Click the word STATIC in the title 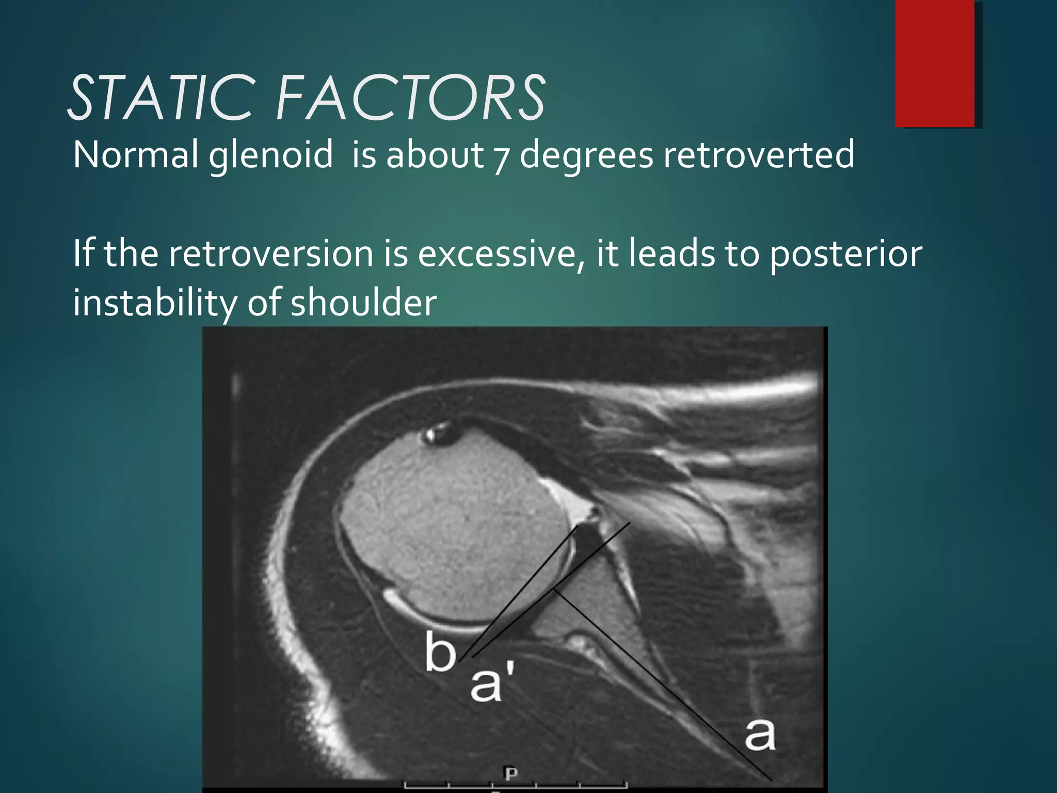click(160, 98)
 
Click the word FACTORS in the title click(410, 98)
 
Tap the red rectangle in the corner click(935, 63)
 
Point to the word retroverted click(758, 155)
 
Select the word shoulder click(363, 303)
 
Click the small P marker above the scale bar click(510, 773)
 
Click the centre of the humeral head click(454, 537)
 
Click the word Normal click(135, 155)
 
